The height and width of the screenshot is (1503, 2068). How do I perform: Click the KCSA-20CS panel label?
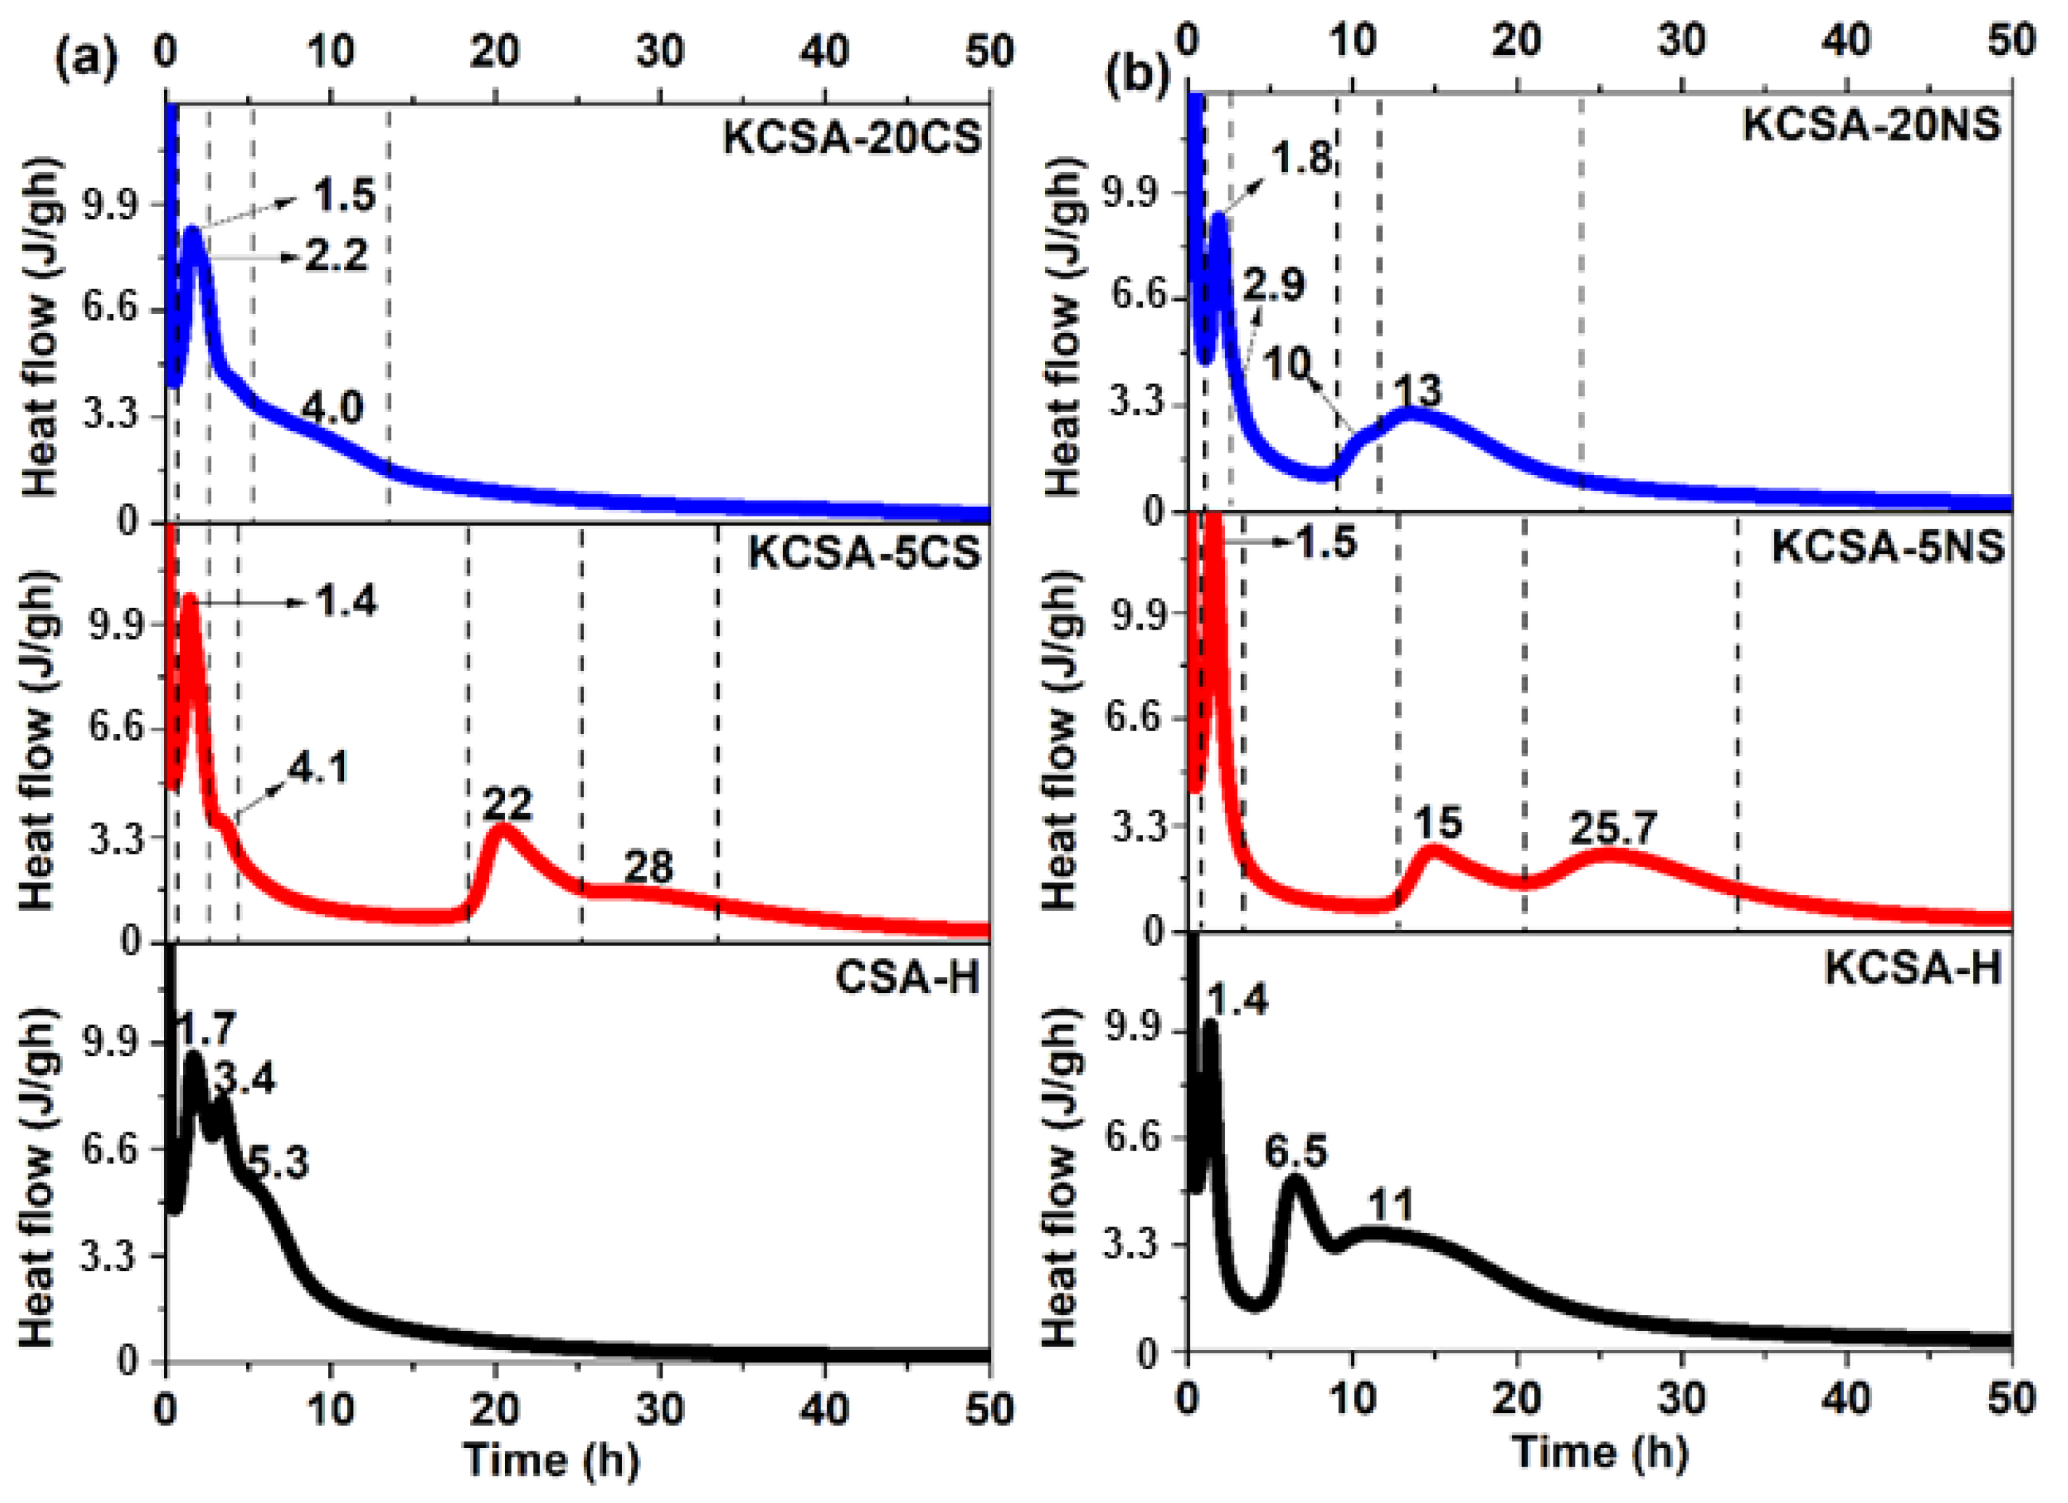point(852,139)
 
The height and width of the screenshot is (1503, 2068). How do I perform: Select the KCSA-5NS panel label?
point(1887,547)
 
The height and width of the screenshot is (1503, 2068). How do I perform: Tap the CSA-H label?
point(907,978)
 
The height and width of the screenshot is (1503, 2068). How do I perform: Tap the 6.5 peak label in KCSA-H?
point(1296,1153)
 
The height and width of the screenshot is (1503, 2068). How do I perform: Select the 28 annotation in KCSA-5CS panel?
point(648,867)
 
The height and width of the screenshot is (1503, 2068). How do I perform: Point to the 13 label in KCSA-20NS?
point(1418,391)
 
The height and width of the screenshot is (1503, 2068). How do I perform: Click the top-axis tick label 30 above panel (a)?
point(660,51)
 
